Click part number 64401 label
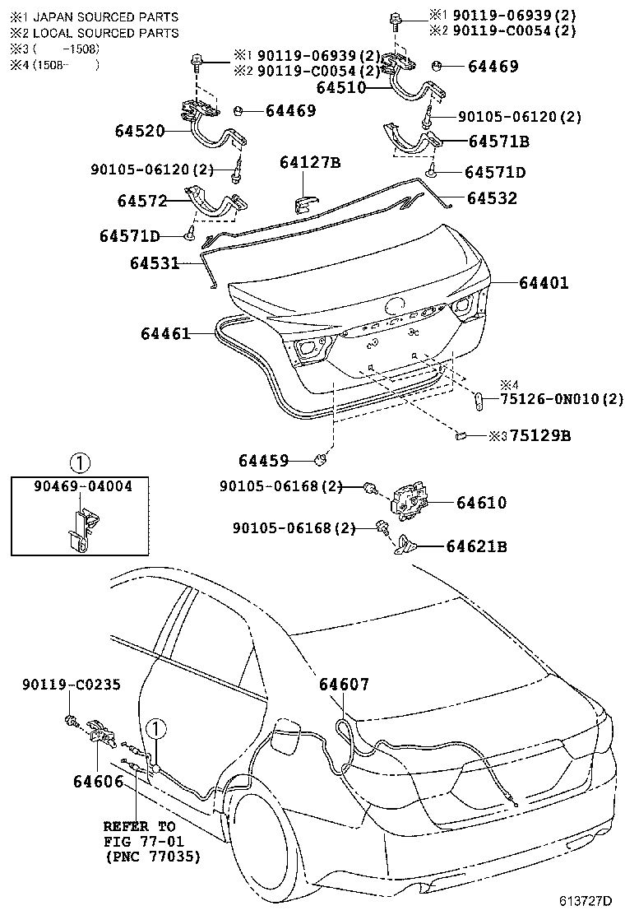click(x=544, y=283)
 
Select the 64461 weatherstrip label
click(x=165, y=333)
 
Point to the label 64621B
click(x=476, y=546)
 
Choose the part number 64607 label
click(x=344, y=685)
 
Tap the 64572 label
click(x=141, y=201)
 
